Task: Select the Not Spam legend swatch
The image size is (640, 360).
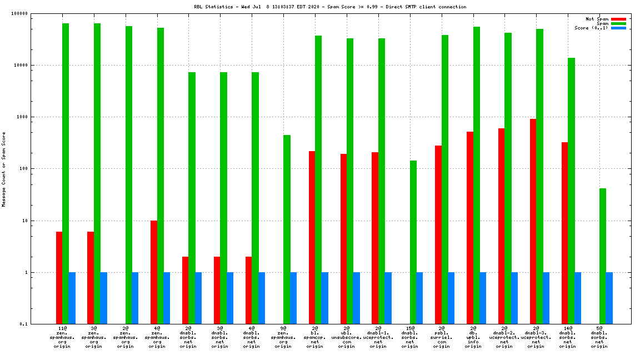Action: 618,19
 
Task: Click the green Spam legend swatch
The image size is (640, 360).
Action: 618,23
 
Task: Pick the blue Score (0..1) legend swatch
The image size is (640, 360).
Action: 618,28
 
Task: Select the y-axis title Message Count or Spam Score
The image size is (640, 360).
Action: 4,169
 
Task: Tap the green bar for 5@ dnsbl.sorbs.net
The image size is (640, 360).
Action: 603,256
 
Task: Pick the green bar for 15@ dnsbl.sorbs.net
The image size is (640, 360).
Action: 413,242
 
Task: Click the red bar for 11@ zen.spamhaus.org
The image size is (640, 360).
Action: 59,278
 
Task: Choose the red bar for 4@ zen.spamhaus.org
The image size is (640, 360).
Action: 154,272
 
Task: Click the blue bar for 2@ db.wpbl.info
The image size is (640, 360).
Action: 483,298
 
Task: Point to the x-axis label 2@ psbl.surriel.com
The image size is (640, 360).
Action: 442,337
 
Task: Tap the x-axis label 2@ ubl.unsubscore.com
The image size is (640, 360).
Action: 347,337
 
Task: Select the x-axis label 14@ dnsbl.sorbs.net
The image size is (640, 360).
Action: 567,337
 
